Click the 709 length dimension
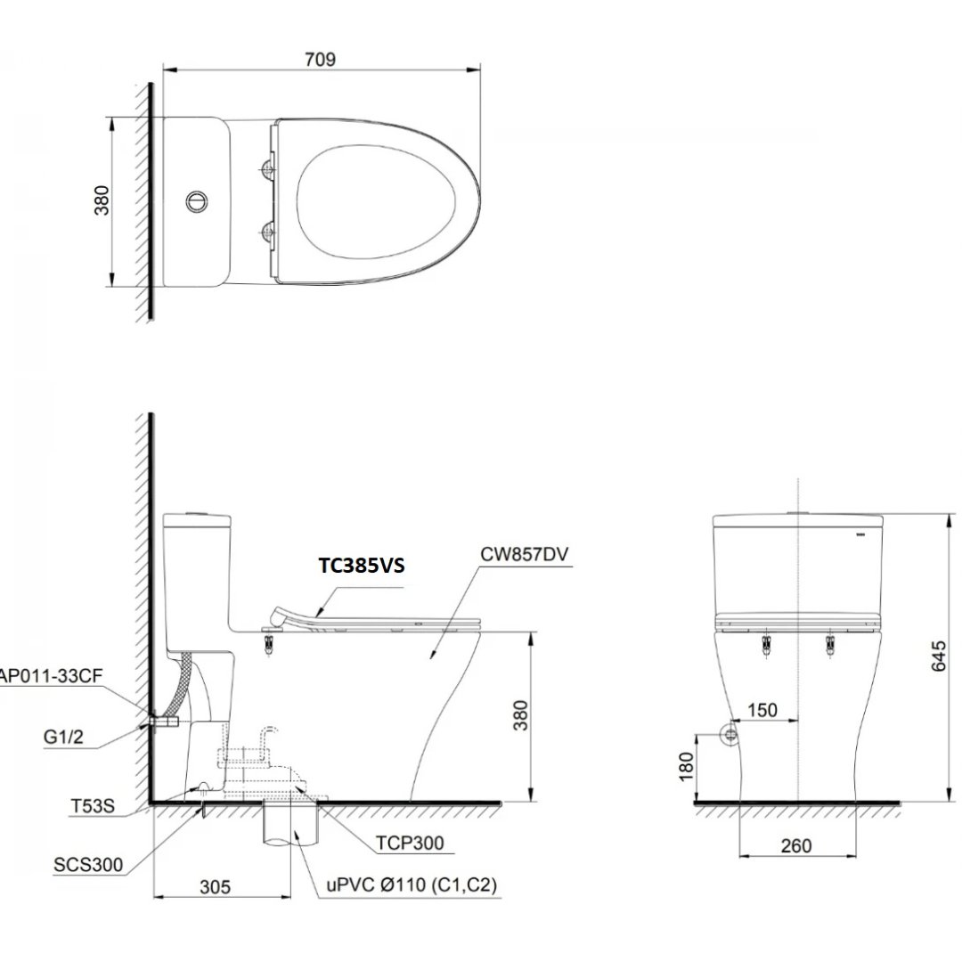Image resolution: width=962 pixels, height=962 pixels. (x=320, y=60)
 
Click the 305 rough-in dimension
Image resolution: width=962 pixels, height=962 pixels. (x=215, y=886)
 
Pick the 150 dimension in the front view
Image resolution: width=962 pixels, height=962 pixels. (x=762, y=710)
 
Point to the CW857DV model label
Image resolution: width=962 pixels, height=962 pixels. (x=525, y=554)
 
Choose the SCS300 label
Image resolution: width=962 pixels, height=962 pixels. (x=87, y=863)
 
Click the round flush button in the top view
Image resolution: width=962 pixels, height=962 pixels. (x=196, y=200)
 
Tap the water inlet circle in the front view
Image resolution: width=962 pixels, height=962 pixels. (x=730, y=734)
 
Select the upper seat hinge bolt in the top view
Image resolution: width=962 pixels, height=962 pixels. (x=266, y=167)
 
